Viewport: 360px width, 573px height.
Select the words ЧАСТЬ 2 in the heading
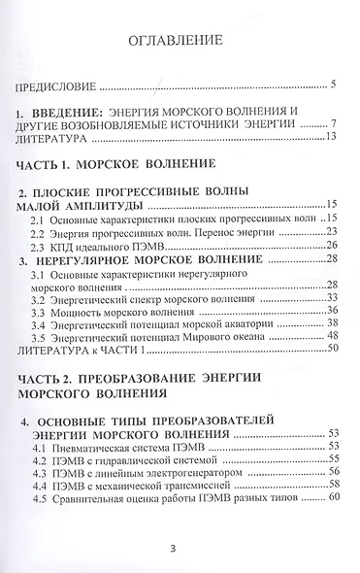tap(49, 381)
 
